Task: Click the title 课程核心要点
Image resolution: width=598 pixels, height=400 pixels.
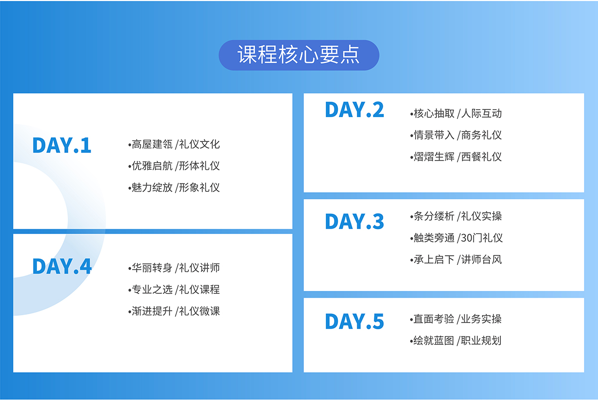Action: point(299,55)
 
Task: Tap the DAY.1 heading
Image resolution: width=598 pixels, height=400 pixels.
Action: point(62,145)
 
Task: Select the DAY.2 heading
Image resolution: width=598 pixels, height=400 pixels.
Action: point(354,110)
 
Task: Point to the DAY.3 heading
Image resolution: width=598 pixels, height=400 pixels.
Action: point(354,221)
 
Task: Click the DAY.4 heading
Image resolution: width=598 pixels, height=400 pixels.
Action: point(62,267)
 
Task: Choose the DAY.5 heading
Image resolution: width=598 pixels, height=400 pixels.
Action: point(354,322)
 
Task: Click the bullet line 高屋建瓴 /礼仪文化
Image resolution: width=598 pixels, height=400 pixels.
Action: point(174,144)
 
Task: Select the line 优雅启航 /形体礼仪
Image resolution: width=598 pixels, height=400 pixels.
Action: point(174,166)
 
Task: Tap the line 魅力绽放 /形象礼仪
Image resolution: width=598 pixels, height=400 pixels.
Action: point(174,187)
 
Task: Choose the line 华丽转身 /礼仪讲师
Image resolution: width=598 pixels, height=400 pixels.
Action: point(174,268)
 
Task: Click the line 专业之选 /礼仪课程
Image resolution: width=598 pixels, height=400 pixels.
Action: point(174,289)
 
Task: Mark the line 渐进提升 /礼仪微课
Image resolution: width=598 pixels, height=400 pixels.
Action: point(174,311)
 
